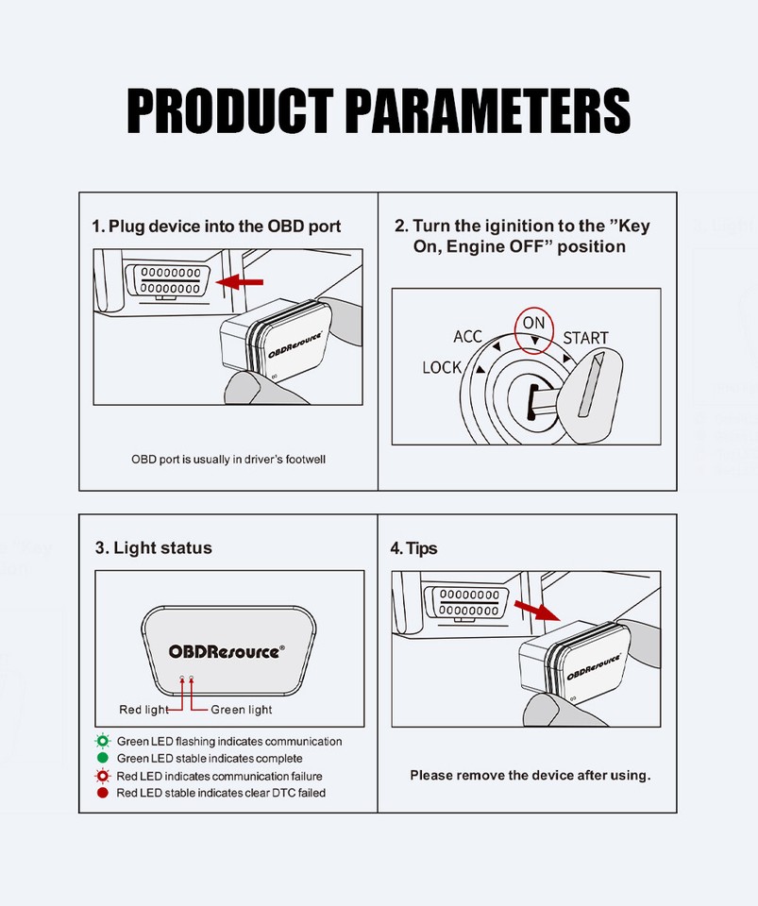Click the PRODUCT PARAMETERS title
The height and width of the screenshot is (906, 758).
coord(379,111)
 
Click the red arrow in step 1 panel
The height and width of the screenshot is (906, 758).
coord(239,281)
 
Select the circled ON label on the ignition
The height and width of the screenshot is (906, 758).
coord(533,324)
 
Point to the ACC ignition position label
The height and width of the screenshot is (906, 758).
coord(468,337)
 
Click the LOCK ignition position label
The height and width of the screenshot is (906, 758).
coord(442,367)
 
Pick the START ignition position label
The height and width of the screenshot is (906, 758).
coord(585,338)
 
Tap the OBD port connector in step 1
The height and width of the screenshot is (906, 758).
coord(170,280)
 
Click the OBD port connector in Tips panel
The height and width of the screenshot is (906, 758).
coord(467,602)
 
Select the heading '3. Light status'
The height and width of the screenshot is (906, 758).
coord(153,548)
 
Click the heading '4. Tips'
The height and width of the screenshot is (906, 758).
coord(413,548)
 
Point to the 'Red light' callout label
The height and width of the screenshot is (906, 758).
coord(143,710)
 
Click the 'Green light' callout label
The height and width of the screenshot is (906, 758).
coord(241,710)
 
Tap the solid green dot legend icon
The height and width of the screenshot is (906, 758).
coord(102,759)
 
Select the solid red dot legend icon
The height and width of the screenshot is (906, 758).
coord(102,793)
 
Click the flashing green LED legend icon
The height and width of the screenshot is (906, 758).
coord(102,742)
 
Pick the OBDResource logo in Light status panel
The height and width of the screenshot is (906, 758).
coord(227,651)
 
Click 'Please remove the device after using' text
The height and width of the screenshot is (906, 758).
coord(530,776)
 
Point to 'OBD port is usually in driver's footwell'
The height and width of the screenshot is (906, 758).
coord(228,460)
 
